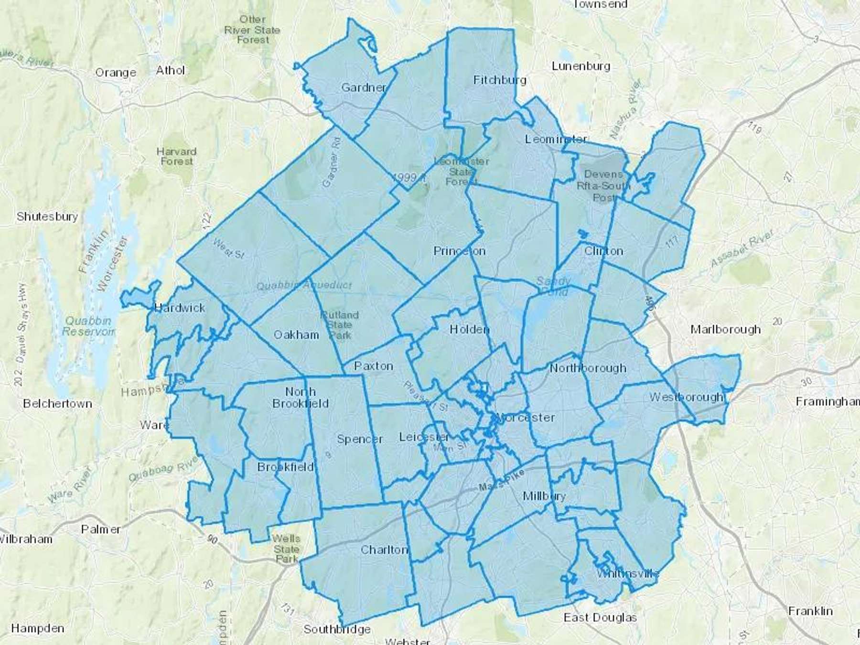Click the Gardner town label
tap(364, 87)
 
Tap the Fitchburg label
tap(499, 80)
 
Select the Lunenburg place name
tap(581, 66)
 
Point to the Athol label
tap(170, 70)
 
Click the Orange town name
tap(116, 73)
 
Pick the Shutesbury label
tap(47, 216)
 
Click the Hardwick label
tap(180, 308)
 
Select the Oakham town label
tap(296, 335)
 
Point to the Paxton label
tap(374, 366)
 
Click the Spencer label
tap(360, 439)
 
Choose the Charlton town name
tap(384, 549)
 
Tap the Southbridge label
tap(337, 629)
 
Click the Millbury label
tap(544, 496)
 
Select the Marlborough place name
tap(726, 329)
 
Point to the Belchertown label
tap(57, 404)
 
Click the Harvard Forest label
tap(176, 156)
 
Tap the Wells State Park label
tap(286, 549)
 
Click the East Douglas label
tap(600, 617)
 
